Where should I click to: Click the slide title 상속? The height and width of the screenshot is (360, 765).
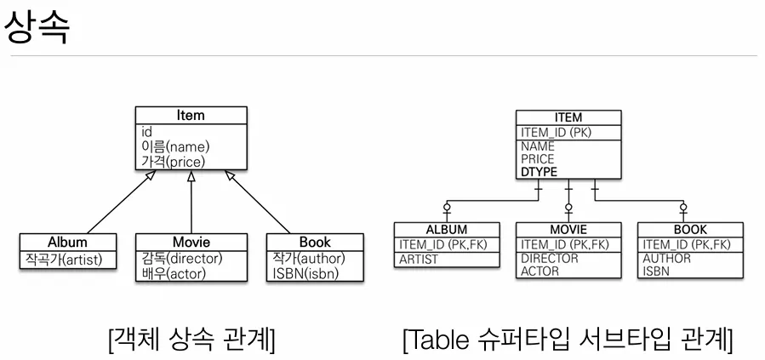pos(37,28)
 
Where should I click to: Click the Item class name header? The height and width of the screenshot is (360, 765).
pos(191,116)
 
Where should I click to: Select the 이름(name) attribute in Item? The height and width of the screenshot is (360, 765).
pos(175,146)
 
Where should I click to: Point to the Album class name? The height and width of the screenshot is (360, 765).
pos(67,242)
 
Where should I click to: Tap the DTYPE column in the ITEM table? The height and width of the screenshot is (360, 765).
pos(539,172)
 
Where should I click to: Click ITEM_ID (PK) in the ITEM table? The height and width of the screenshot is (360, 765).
pos(556,132)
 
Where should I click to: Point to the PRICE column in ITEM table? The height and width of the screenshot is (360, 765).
pos(538,159)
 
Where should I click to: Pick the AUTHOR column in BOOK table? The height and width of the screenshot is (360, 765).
pos(666,259)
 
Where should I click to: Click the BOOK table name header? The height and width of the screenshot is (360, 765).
pos(690,230)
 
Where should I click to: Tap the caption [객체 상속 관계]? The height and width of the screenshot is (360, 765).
pos(191,340)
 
